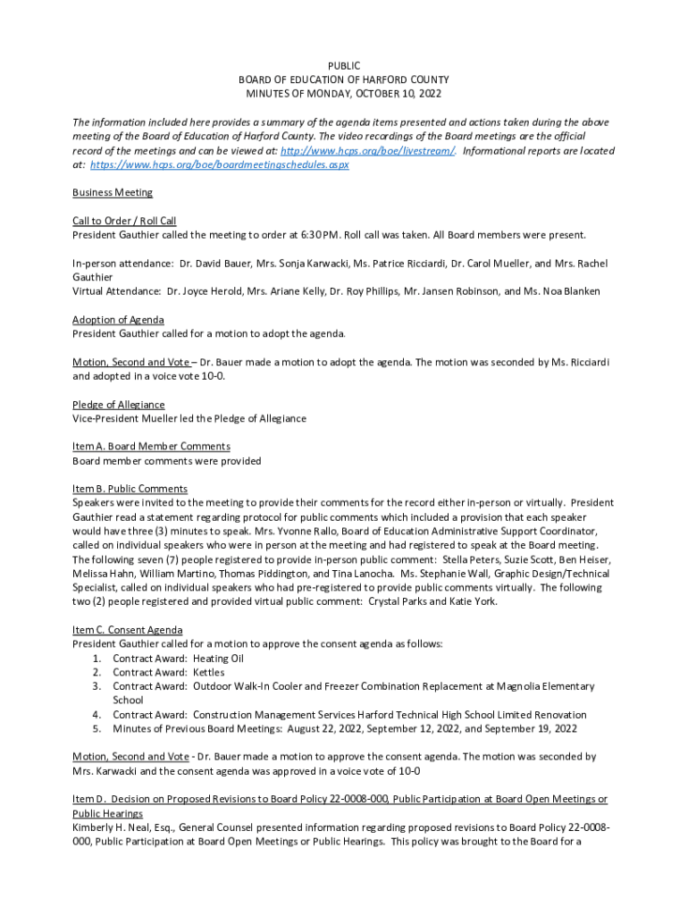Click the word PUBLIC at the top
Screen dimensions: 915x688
[x=344, y=66]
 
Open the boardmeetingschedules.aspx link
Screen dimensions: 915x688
[x=219, y=165]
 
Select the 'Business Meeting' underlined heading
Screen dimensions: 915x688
[x=112, y=192]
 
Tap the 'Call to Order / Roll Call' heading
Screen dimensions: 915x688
[x=124, y=221]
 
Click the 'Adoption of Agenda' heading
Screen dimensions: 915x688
[x=118, y=320]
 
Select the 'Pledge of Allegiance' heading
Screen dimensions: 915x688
[x=118, y=405]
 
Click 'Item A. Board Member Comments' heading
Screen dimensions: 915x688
[x=151, y=446]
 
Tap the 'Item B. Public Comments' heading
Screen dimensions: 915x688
[x=130, y=489]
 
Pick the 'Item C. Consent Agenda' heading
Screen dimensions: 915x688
[x=127, y=630]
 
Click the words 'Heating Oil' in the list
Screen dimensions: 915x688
[x=218, y=659]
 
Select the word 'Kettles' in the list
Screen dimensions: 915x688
[x=208, y=673]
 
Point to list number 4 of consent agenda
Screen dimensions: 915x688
[x=96, y=715]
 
